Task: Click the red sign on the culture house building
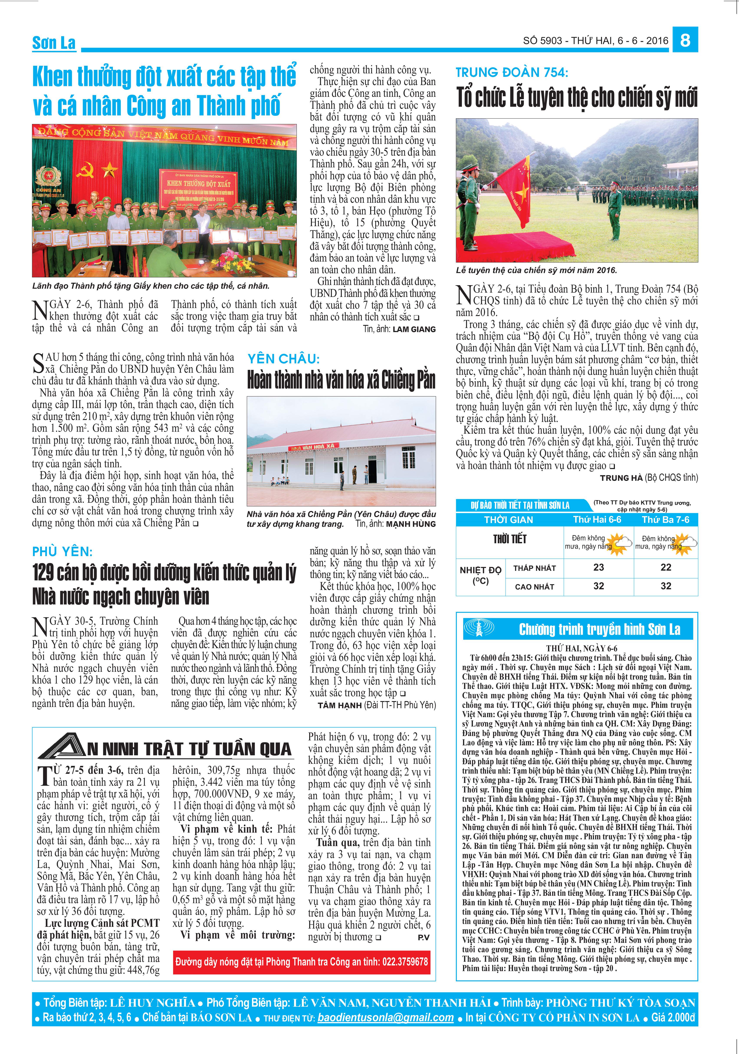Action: tap(314, 446)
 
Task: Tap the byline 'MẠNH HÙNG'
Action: tap(411, 524)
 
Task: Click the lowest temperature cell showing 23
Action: tap(599, 567)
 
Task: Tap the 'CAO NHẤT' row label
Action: tap(534, 587)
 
